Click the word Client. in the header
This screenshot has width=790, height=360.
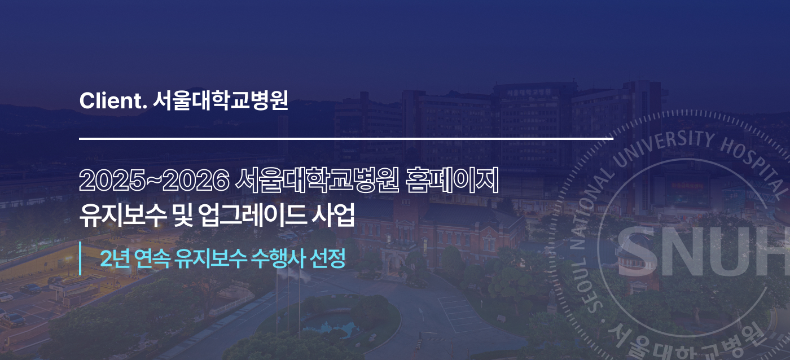tap(113, 101)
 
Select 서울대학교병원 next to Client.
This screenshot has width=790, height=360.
tap(221, 100)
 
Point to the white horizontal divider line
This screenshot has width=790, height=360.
tap(346, 139)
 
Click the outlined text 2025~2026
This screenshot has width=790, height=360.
tap(155, 181)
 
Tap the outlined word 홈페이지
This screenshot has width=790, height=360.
tap(452, 180)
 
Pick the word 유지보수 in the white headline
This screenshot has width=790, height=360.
tap(123, 215)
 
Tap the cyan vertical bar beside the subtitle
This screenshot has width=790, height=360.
tap(80, 258)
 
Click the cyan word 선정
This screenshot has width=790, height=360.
tap(327, 258)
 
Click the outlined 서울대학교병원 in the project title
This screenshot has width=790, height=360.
tap(317, 180)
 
